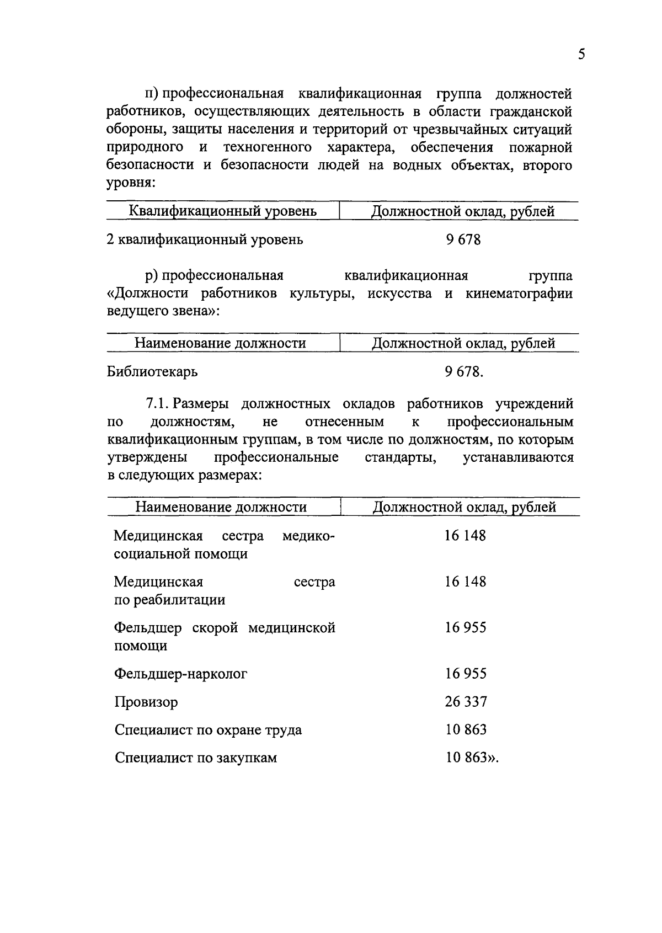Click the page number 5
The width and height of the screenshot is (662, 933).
point(581,54)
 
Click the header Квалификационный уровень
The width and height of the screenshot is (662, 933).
point(222,211)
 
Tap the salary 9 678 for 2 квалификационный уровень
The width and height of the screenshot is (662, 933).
point(463,240)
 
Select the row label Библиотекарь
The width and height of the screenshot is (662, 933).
point(152,372)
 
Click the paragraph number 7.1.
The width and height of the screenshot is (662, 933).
point(158,404)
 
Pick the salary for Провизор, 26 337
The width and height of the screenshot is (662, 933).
point(466,702)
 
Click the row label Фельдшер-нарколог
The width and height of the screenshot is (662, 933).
point(180,674)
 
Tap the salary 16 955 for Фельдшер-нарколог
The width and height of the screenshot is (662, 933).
point(466,674)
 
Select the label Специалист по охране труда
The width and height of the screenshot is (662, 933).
point(208,730)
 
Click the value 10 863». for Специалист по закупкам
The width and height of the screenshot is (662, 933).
point(471,758)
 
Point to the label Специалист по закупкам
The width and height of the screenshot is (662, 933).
point(195,758)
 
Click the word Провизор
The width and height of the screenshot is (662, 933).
point(146,702)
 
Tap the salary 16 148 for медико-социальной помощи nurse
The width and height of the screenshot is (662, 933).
point(465,536)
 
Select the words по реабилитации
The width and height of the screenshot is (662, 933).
point(169,600)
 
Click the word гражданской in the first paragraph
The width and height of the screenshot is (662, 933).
point(530,112)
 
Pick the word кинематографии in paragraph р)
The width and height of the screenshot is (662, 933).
point(519,294)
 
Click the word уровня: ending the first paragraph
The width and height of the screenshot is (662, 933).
point(131,183)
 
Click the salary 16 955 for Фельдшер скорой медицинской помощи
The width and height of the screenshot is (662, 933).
point(466,628)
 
